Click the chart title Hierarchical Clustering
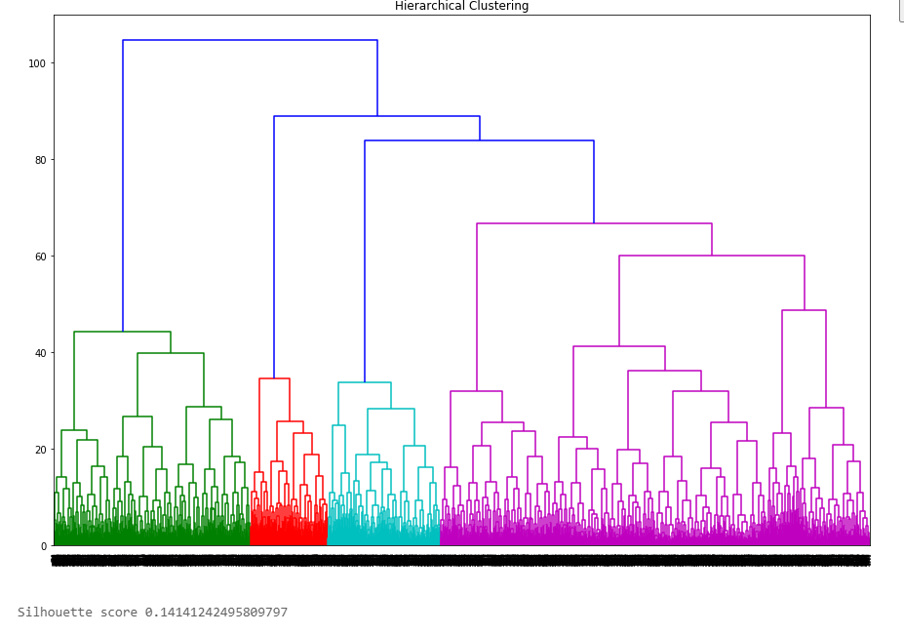tap(461, 6)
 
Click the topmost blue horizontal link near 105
tap(250, 40)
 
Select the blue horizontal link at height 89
tap(376, 116)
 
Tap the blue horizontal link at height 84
tap(479, 140)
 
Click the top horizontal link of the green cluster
tap(122, 332)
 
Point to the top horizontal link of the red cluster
tap(274, 378)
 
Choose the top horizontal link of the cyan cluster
tap(365, 382)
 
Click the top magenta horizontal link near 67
tap(594, 223)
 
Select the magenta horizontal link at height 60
tap(712, 256)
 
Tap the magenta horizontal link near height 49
tap(804, 310)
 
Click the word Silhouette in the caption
tap(55, 613)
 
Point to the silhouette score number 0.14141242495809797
tap(216, 613)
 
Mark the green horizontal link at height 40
tap(171, 353)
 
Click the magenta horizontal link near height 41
tap(619, 346)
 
